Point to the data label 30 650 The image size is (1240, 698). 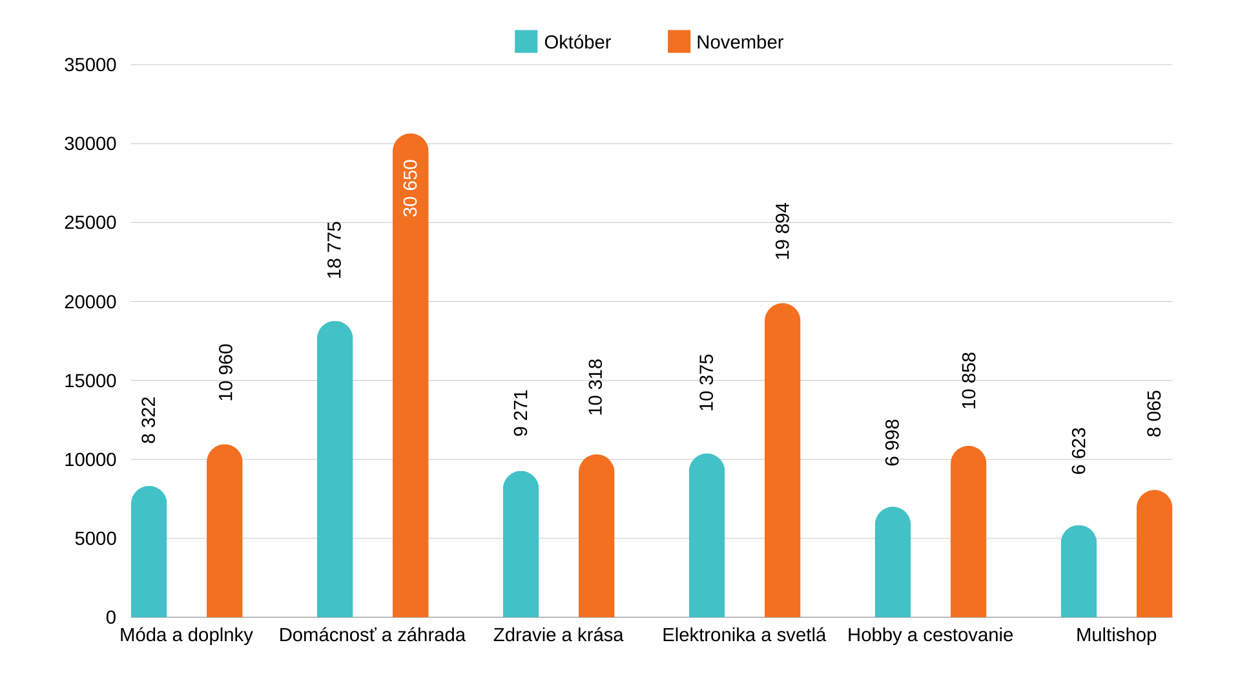[x=410, y=188]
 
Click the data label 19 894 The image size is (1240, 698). [x=782, y=231]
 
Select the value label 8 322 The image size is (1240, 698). [x=149, y=420]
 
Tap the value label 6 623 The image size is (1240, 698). [x=1079, y=451]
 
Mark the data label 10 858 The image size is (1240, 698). [x=969, y=381]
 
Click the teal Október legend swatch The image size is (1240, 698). [x=526, y=41]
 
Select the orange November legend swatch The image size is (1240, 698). [x=679, y=41]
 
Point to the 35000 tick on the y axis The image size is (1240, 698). [x=90, y=65]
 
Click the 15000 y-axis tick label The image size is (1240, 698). [x=90, y=381]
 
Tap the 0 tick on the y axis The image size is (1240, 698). [x=111, y=617]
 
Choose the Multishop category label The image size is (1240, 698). [x=1116, y=635]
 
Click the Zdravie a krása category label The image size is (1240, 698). [x=558, y=635]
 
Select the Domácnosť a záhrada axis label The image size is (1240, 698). [x=372, y=635]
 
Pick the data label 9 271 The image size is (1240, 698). [x=521, y=413]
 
